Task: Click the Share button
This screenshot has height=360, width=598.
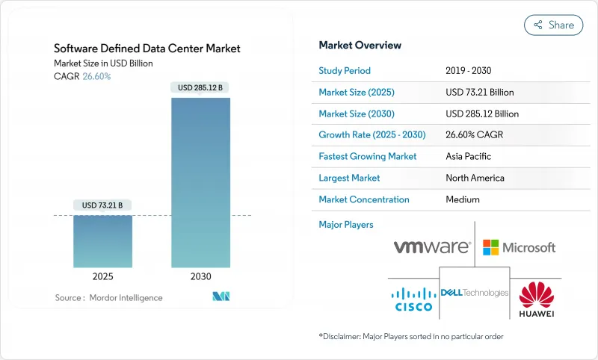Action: [x=553, y=25]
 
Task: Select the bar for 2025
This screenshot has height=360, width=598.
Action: [x=102, y=241]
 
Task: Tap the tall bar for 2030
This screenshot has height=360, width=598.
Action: [x=200, y=182]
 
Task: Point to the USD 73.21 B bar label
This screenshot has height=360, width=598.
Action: [x=102, y=205]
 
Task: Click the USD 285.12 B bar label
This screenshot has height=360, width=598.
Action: [x=200, y=87]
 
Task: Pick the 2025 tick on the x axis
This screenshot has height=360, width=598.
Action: [x=102, y=276]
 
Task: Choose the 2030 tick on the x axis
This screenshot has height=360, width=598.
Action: [x=200, y=276]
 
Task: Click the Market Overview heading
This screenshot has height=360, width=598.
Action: [x=360, y=46]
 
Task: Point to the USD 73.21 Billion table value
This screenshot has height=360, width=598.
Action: [x=480, y=93]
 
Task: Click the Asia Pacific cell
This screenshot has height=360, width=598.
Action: [x=469, y=157]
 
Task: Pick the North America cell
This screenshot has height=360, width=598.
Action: [x=475, y=179]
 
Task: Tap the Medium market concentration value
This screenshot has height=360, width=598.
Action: [x=463, y=199]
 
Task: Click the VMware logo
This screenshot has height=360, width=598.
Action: [x=432, y=246]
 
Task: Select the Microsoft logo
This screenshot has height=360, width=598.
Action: [x=520, y=247]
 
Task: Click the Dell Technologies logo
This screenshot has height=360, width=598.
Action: [x=475, y=293]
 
